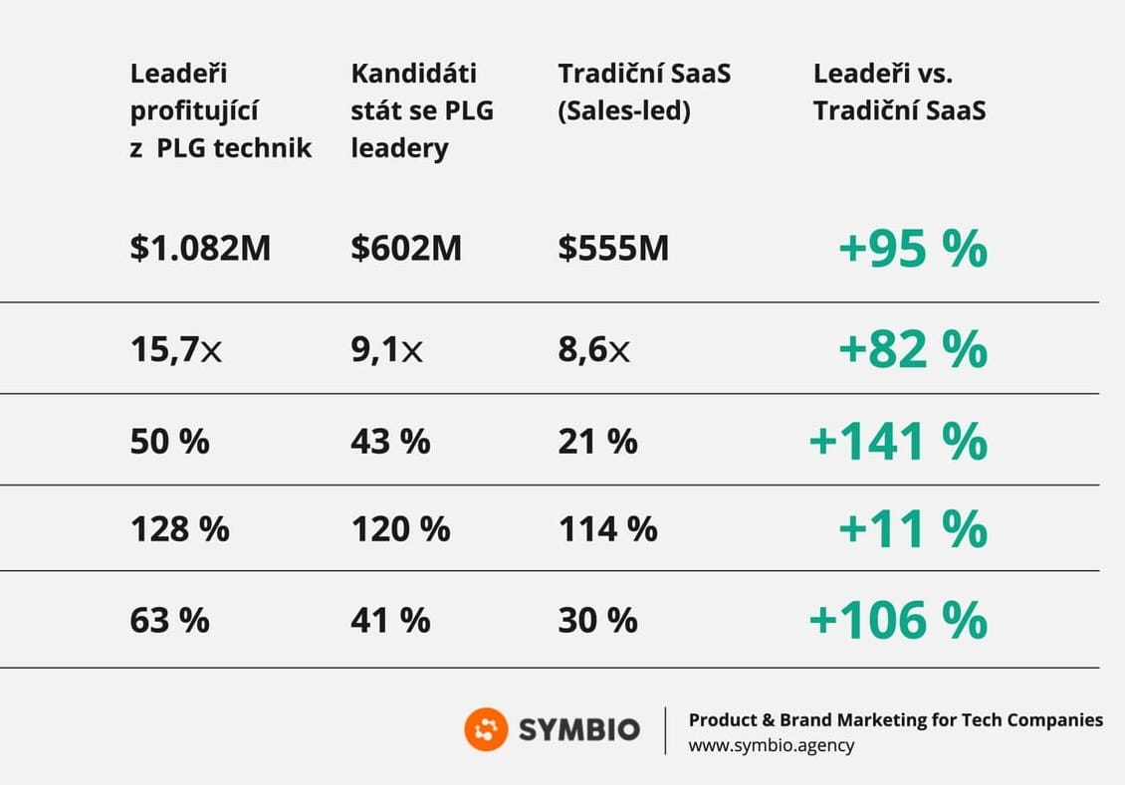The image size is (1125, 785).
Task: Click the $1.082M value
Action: click(x=200, y=249)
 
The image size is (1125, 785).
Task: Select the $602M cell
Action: click(x=406, y=249)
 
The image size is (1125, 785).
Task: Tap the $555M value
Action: click(x=613, y=249)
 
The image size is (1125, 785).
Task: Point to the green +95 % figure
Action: click(x=913, y=249)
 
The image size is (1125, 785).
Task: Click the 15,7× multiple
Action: click(x=176, y=350)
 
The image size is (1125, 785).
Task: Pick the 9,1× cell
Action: click(x=386, y=350)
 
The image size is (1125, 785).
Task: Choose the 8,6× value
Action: click(x=593, y=350)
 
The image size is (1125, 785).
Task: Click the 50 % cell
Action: click(x=170, y=441)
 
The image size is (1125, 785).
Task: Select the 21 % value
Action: click(x=597, y=441)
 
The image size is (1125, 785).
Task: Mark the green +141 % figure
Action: click(x=898, y=441)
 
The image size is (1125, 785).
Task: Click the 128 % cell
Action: click(x=180, y=528)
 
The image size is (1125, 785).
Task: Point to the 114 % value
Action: click(x=607, y=528)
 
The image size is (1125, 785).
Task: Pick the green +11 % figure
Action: click(x=913, y=528)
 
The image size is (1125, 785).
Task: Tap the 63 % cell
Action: click(x=170, y=620)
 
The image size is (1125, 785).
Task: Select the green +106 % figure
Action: click(x=898, y=620)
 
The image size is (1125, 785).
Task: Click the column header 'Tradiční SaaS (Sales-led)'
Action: click(x=644, y=92)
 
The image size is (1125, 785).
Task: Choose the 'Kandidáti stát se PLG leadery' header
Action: click(x=422, y=110)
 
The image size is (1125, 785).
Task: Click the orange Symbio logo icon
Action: click(x=486, y=730)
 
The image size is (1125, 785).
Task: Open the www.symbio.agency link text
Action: click(x=771, y=745)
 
